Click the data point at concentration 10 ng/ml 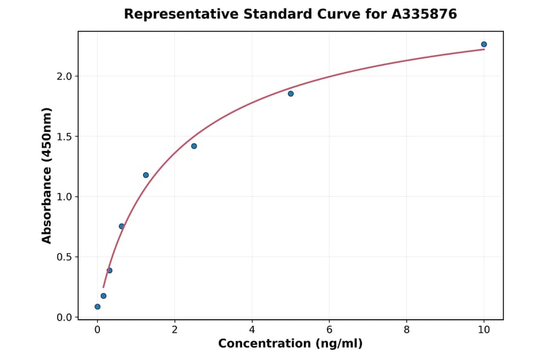[x=484, y=44]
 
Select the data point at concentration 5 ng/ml [x=291, y=93]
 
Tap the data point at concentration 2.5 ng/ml [x=194, y=146]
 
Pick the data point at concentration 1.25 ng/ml [x=146, y=175]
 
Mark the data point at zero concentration [x=97, y=307]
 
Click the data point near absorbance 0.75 [x=122, y=227]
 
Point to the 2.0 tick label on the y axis [x=64, y=76]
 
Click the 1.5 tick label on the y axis [x=64, y=136]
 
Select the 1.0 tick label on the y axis [x=64, y=197]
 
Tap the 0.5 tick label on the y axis [x=64, y=257]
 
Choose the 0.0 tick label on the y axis [x=64, y=318]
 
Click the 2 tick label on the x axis [x=174, y=330]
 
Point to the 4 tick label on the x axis [x=252, y=330]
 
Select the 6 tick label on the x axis [x=329, y=330]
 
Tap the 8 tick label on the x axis [x=406, y=330]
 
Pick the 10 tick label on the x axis [x=484, y=330]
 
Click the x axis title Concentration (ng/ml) [x=290, y=344]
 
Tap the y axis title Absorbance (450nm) [x=47, y=175]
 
